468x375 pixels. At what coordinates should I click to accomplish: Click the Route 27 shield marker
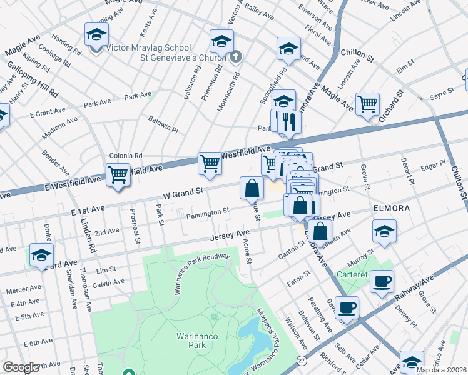[302, 361]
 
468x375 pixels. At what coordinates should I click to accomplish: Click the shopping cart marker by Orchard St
[367, 104]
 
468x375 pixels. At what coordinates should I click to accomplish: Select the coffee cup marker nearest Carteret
[381, 281]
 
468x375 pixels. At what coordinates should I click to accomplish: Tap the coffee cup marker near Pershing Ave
[347, 307]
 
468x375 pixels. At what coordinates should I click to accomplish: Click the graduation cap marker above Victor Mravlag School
[96, 34]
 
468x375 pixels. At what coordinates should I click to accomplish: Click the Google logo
[21, 367]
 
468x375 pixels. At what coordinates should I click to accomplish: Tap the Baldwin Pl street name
[163, 123]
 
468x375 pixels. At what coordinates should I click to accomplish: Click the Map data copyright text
[441, 370]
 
